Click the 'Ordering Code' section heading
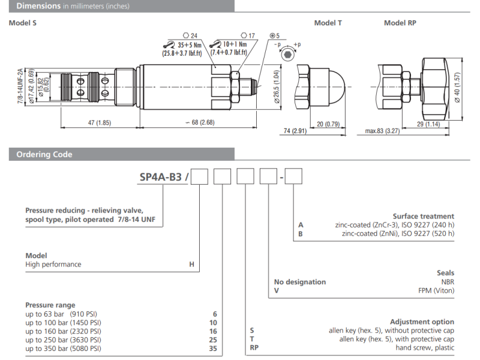pos(44,154)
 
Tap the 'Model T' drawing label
pos(328,23)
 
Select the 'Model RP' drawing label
pos(400,23)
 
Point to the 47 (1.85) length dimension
pos(100,123)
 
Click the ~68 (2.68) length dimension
pos(199,123)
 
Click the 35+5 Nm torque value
pos(191,44)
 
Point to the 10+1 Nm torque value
pos(234,44)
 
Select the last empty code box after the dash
pos(293,177)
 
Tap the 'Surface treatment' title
pos(423,216)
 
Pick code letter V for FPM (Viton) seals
pos(277,290)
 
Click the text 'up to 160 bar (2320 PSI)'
pos(63,331)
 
